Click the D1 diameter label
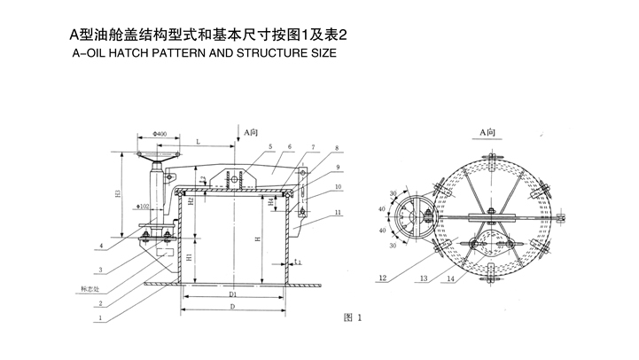point(232,293)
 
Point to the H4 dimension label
point(271,201)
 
